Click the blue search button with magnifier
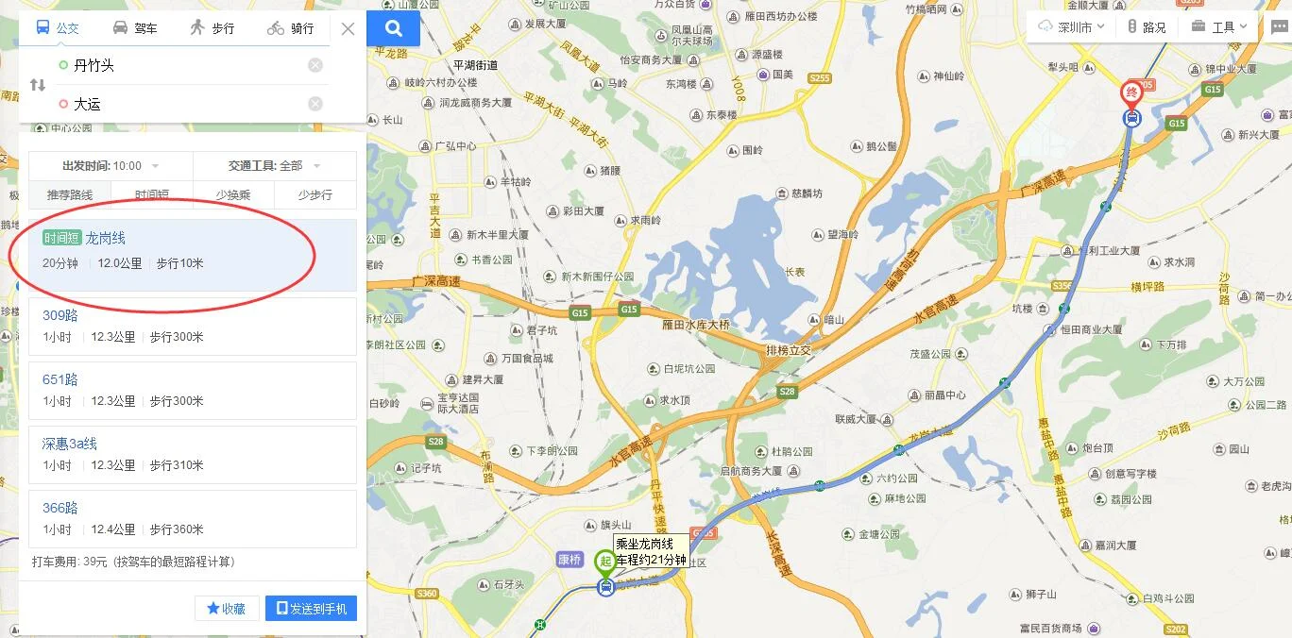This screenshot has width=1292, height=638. click(x=394, y=28)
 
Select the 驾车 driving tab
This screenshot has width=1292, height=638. click(x=135, y=28)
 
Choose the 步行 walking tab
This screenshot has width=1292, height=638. click(x=212, y=28)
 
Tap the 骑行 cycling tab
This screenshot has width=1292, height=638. click(x=291, y=28)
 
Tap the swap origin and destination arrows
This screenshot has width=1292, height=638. click(x=38, y=85)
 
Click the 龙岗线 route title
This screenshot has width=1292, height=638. click(x=105, y=239)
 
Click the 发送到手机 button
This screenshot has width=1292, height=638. click(x=311, y=609)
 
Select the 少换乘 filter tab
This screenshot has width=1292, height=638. click(x=233, y=194)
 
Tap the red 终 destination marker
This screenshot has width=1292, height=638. click(x=1131, y=92)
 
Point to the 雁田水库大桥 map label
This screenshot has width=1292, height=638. click(x=697, y=324)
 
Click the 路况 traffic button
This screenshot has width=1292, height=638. click(x=1147, y=27)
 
